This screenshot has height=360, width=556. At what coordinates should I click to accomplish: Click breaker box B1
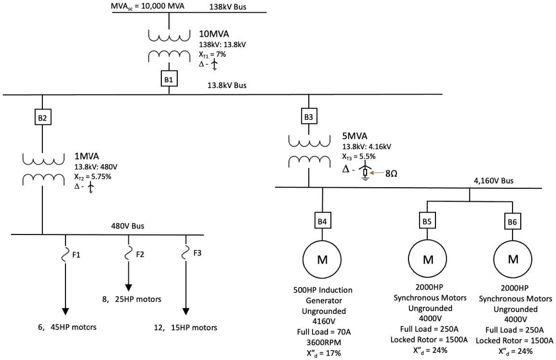169,79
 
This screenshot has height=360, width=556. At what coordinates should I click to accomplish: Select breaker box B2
42,117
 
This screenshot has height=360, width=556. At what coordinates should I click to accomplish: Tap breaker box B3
309,117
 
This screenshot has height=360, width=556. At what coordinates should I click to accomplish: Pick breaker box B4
323,221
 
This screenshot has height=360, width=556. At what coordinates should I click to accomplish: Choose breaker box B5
427,221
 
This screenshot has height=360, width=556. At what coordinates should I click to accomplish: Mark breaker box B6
513,221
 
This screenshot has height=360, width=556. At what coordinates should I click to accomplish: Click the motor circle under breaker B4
323,259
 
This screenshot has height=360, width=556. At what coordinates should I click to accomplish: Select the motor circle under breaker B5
427,259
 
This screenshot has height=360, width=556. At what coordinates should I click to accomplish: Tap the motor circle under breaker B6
513,259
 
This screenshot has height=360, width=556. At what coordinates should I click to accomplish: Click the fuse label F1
76,254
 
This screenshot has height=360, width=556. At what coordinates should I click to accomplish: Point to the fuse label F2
140,254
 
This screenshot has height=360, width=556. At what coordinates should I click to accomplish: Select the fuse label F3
198,253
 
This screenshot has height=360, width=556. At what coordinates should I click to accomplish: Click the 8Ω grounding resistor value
391,173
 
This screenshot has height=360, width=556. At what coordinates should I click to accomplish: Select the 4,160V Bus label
493,180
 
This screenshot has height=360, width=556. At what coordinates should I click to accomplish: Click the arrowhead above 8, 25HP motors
129,287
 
